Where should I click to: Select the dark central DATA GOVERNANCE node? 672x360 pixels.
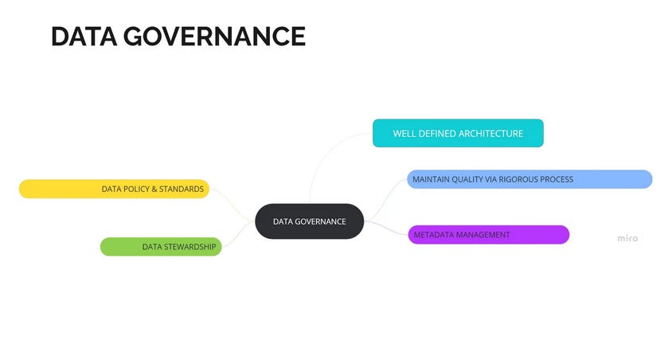pyautogui.click(x=309, y=221)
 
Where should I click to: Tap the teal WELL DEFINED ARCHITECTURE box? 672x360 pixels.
pyautogui.click(x=458, y=134)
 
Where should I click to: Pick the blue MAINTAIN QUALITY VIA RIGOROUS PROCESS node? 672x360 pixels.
pyautogui.click(x=529, y=179)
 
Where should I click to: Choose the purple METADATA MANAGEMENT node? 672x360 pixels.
pyautogui.click(x=488, y=235)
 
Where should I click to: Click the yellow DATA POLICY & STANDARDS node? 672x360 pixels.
pyautogui.click(x=114, y=189)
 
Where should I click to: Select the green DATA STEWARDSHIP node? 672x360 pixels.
pyautogui.click(x=161, y=247)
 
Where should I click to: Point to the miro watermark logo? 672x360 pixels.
pyautogui.click(x=627, y=238)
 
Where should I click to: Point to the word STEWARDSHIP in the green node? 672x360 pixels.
pyautogui.click(x=190, y=247)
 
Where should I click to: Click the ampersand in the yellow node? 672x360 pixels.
pyautogui.click(x=154, y=189)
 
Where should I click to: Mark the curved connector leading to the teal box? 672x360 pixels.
pyautogui.click(x=315, y=163)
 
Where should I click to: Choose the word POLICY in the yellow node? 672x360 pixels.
pyautogui.click(x=136, y=189)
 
